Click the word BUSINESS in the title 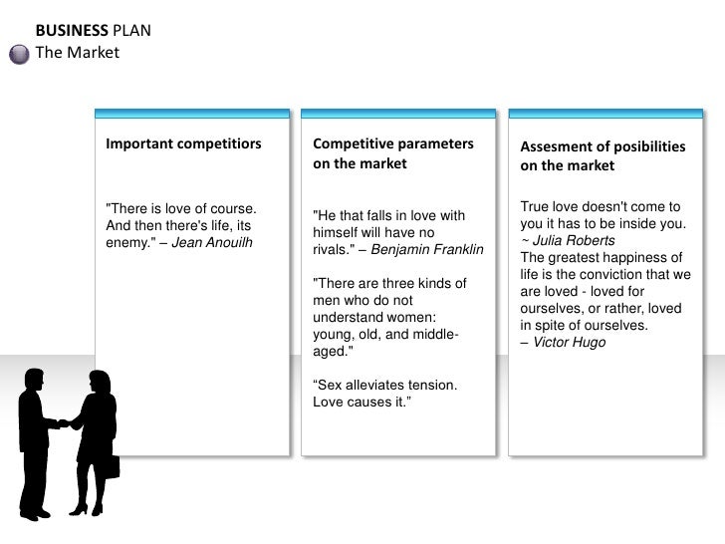point(67,30)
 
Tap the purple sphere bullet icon point(19,54)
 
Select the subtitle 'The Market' point(77,52)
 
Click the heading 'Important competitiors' point(183,144)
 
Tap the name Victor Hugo point(570,343)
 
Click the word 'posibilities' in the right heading point(644,146)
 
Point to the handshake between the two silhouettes point(66,422)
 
